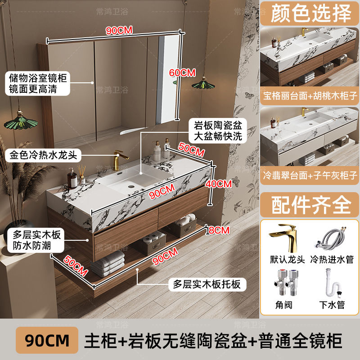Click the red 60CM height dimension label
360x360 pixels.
pyautogui.click(x=182, y=72)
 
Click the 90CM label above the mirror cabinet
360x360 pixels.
pyautogui.click(x=119, y=31)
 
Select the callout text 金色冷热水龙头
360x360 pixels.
pyautogui.click(x=44, y=156)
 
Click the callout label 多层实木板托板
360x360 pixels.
pyautogui.click(x=207, y=284)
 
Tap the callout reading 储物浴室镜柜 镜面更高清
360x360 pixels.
pyautogui.click(x=38, y=84)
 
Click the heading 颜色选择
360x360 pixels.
pyautogui.click(x=310, y=14)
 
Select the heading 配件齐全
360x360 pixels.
pyautogui.click(x=311, y=205)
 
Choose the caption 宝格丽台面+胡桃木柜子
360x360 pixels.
pyautogui.click(x=310, y=96)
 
